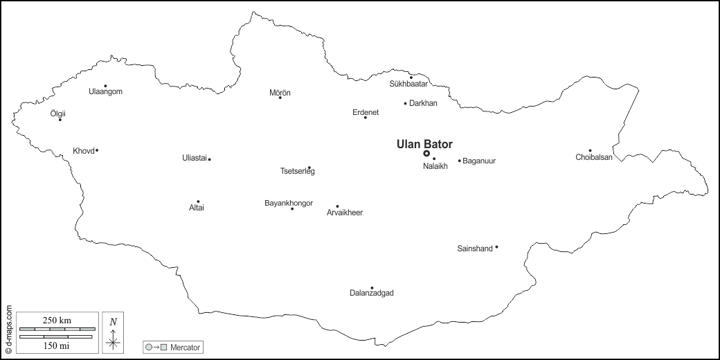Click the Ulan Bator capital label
(x=424, y=144)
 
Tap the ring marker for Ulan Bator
(x=426, y=154)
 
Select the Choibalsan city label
(x=594, y=157)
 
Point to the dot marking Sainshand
(x=496, y=247)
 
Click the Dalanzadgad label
(x=372, y=294)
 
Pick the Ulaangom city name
(x=106, y=91)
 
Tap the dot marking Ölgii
(x=60, y=120)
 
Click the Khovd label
(x=83, y=151)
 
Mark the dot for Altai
(x=198, y=201)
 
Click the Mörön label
(x=280, y=92)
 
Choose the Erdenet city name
(x=366, y=112)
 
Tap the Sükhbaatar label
(x=408, y=84)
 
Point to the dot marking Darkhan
(x=406, y=103)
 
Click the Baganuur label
(x=479, y=161)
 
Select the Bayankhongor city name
(x=289, y=203)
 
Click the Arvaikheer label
(x=345, y=213)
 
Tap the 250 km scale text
(x=57, y=320)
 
